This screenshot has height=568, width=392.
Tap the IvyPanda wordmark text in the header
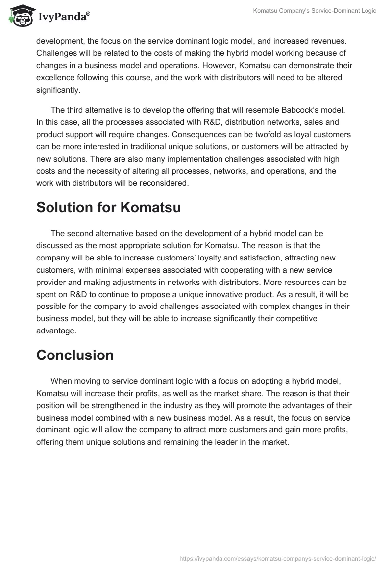pos(64,17)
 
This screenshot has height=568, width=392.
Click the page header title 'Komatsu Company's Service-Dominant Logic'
pos(315,11)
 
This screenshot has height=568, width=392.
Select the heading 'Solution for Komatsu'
pos(109,207)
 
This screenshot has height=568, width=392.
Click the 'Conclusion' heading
pos(75,355)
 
